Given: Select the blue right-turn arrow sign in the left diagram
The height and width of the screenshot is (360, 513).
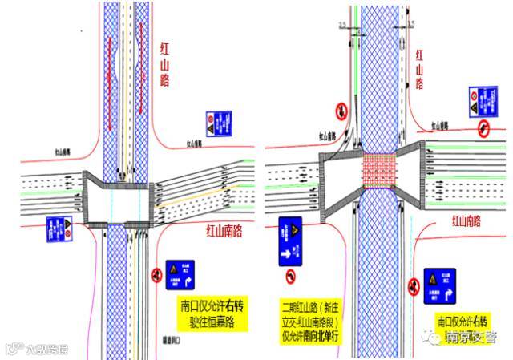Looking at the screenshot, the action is [181, 275].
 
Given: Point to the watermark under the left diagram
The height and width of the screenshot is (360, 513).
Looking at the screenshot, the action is [37, 349].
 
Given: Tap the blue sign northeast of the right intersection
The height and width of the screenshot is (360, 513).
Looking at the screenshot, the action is [475, 99].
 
